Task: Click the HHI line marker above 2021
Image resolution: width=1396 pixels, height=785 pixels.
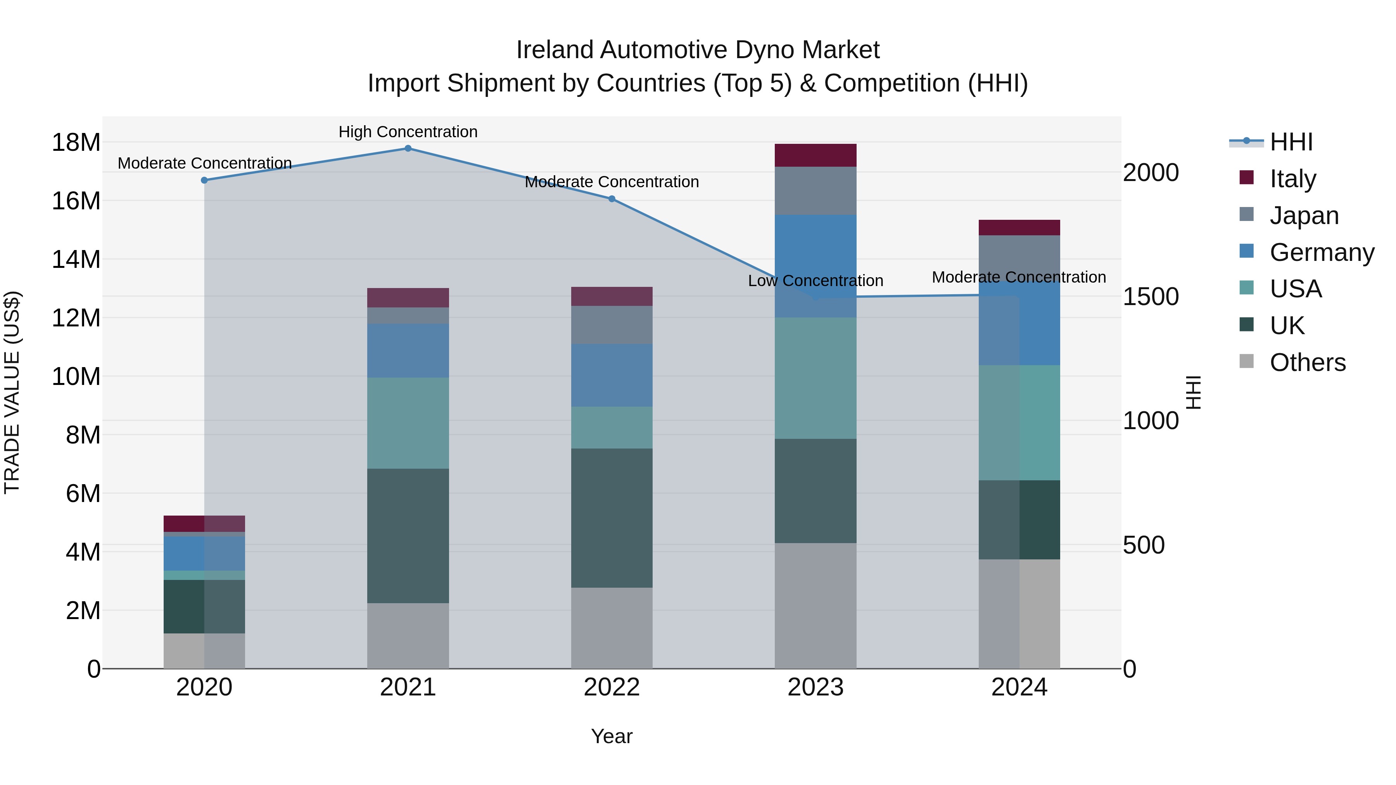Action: tap(408, 148)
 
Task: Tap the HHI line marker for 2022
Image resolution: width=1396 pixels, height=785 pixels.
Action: tap(612, 199)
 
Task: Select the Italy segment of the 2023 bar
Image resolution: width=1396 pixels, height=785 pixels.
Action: tap(815, 155)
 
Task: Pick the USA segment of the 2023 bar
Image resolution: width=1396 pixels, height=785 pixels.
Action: tap(815, 378)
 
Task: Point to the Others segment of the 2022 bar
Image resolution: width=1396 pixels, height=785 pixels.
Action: tap(612, 628)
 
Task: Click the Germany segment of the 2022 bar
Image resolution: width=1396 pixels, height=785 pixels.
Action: tap(612, 375)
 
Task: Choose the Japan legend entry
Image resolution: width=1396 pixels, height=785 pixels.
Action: tap(1303, 216)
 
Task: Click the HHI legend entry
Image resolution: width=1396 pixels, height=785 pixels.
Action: tap(1290, 142)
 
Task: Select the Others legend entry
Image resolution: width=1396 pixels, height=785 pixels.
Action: tap(1306, 362)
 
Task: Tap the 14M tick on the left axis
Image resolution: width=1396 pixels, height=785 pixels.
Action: tap(76, 259)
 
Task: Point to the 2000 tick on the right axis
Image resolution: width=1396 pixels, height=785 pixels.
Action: tap(1151, 173)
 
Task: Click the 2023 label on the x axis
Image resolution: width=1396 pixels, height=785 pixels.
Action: tap(815, 687)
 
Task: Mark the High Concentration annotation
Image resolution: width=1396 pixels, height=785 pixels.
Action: tap(408, 132)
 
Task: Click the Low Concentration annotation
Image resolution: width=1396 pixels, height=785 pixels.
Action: tap(815, 281)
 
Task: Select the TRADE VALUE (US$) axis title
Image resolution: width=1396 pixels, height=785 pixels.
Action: tap(12, 392)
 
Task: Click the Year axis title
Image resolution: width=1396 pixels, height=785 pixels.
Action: tap(612, 736)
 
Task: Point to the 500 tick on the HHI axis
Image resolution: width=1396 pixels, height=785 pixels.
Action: tap(1144, 545)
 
